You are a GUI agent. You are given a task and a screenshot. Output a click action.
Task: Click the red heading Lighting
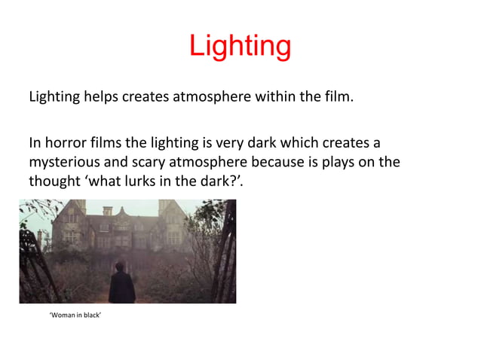click(240, 47)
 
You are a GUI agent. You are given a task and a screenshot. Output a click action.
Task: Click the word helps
click(100, 97)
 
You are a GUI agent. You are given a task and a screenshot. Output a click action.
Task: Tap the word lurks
click(142, 181)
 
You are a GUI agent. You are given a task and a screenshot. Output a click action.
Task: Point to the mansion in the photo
click(128, 226)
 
